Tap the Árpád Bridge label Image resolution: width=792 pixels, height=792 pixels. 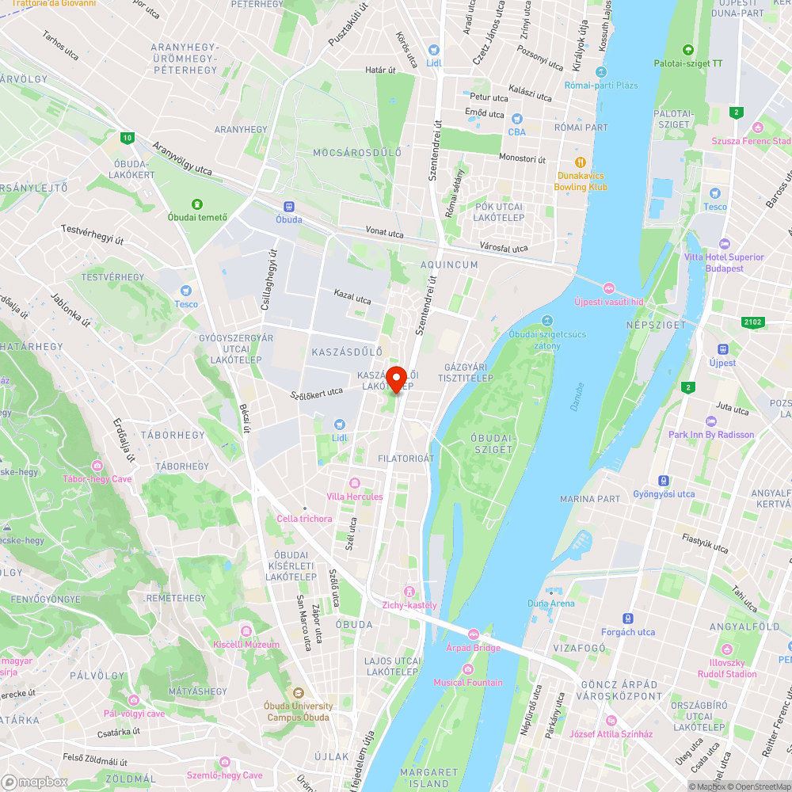(x=473, y=648)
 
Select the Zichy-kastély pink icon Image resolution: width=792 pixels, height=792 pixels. (x=409, y=592)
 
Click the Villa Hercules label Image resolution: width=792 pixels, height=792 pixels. (x=354, y=497)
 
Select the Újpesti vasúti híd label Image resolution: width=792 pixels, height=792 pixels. (x=608, y=302)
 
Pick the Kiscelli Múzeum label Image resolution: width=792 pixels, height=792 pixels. (x=246, y=644)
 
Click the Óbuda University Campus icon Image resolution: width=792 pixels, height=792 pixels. (x=299, y=694)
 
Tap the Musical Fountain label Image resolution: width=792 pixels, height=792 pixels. (x=467, y=683)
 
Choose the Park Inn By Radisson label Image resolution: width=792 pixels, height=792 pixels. (x=711, y=435)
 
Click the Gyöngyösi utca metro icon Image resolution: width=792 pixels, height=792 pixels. (x=663, y=481)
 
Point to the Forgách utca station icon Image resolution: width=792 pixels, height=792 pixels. (x=628, y=619)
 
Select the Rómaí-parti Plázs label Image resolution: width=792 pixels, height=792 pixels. (x=601, y=85)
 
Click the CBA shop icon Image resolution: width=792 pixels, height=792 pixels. (x=516, y=119)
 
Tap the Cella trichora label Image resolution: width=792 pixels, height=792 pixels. (x=304, y=519)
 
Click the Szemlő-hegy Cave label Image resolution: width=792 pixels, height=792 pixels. (x=224, y=775)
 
